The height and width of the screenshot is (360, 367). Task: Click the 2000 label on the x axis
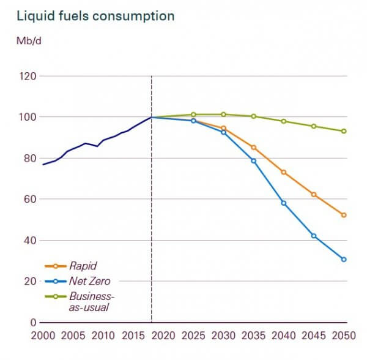click(43, 336)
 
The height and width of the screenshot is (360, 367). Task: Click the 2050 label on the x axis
click(344, 336)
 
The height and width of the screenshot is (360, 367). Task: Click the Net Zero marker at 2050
click(344, 260)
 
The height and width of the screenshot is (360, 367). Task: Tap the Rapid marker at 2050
click(344, 215)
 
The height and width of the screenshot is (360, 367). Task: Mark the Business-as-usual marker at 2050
click(344, 131)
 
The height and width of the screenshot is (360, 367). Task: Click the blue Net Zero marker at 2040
click(284, 203)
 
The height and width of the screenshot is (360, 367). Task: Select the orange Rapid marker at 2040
click(284, 172)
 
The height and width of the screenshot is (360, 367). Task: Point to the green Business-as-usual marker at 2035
click(253, 116)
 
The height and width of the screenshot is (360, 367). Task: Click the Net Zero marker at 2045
click(314, 236)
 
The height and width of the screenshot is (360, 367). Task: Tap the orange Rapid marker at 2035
click(253, 148)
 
